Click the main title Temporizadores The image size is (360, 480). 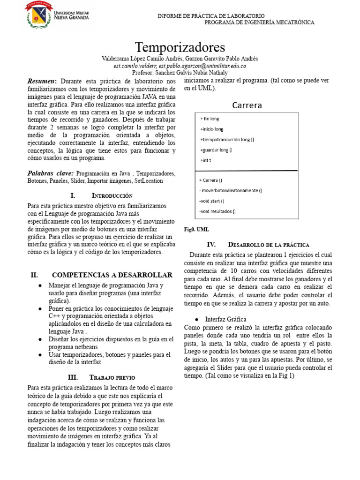[x=180, y=47]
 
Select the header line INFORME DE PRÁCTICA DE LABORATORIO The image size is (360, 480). [x=211, y=16]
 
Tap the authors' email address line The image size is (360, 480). [x=180, y=66]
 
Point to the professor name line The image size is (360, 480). [x=180, y=73]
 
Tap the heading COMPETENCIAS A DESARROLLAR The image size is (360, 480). [x=112, y=275]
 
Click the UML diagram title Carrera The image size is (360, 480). [x=247, y=105]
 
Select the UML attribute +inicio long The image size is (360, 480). [x=212, y=129]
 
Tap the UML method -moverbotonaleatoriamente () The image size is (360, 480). [x=231, y=190]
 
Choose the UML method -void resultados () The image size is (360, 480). [x=217, y=211]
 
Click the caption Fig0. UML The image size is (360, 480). [x=196, y=229]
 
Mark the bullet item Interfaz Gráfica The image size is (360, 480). [x=225, y=319]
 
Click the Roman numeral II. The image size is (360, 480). [x=34, y=275]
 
